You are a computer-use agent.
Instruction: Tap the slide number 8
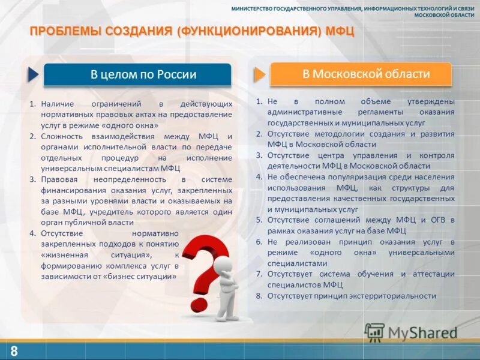coord(13,351)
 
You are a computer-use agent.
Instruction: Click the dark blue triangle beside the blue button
coord(32,75)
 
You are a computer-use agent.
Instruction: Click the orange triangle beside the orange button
coord(259,74)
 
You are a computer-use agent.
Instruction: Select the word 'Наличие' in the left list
coord(56,104)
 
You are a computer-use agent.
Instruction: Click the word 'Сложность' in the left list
coord(61,136)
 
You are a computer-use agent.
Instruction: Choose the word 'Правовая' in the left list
coord(58,179)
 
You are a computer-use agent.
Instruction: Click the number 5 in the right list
coord(259,220)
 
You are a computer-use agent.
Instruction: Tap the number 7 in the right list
coord(259,274)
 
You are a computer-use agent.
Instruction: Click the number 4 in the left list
coord(33,233)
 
